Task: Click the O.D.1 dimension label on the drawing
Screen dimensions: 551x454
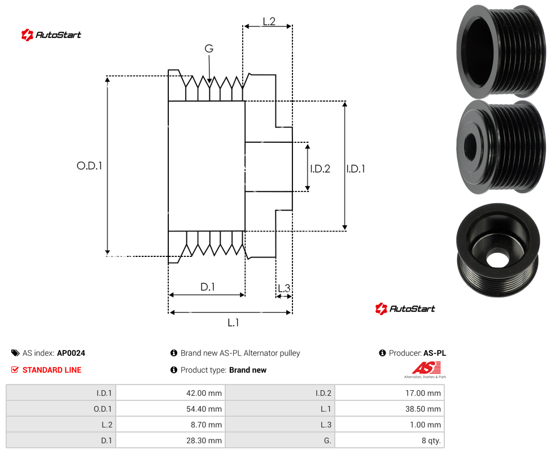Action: click(x=89, y=165)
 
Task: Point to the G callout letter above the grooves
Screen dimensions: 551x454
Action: click(x=209, y=49)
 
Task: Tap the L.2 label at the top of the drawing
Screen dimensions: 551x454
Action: click(x=269, y=21)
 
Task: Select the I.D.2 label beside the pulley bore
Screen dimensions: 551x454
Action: click(x=320, y=169)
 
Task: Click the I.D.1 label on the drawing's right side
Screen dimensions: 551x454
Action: click(x=355, y=169)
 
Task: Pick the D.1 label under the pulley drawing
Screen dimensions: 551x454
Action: click(x=207, y=287)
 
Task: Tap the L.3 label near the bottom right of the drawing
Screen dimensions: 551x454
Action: click(x=284, y=288)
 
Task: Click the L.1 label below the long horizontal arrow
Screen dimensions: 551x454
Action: click(x=233, y=322)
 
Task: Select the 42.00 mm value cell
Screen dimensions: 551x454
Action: click(x=204, y=393)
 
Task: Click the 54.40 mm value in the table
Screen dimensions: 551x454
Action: click(x=204, y=409)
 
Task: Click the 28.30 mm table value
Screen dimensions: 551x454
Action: click(x=204, y=440)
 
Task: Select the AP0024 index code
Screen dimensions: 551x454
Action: click(x=71, y=353)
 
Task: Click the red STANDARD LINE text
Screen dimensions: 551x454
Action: click(x=52, y=370)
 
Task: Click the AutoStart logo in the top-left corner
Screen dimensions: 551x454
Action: click(x=51, y=35)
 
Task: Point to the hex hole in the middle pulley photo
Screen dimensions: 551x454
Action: click(x=470, y=145)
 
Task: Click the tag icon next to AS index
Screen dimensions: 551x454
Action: click(x=15, y=353)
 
